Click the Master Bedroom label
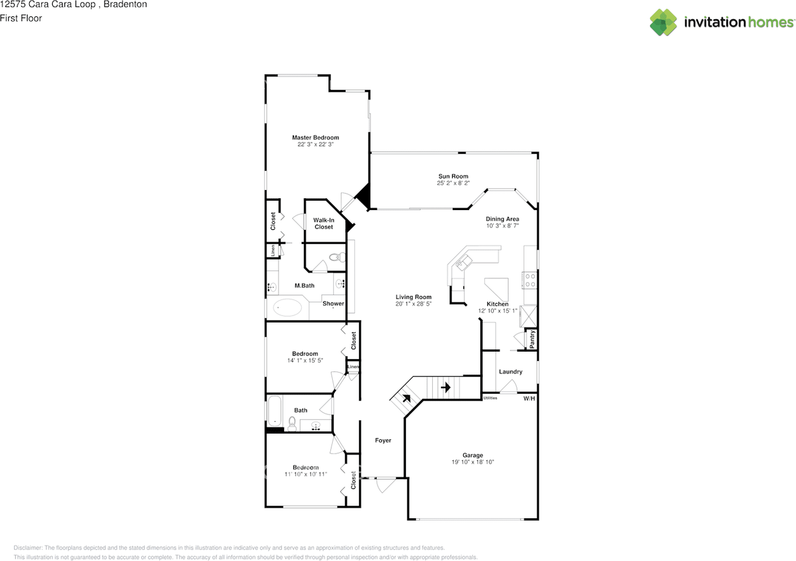tap(315, 137)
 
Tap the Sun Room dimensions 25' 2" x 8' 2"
tap(453, 183)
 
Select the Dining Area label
tap(502, 219)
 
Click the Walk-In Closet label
tap(324, 223)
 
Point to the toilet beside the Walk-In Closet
tap(337, 257)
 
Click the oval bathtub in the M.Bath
tap(287, 308)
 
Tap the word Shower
tap(333, 304)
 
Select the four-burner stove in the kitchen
tap(530, 280)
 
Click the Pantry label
tap(532, 339)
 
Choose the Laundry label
tap(511, 372)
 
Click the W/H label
tap(529, 399)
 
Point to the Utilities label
tap(491, 398)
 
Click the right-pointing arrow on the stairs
tap(446, 387)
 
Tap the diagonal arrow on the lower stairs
tap(407, 398)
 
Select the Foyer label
tap(383, 440)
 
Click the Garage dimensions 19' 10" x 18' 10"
tap(473, 462)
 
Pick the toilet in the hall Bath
tap(292, 424)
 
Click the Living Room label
tap(414, 297)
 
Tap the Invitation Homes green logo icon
tap(663, 22)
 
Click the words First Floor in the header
tap(21, 18)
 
